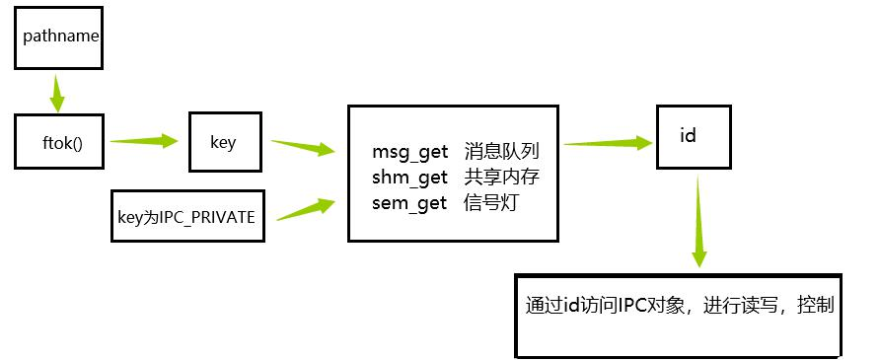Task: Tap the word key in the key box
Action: [x=223, y=142]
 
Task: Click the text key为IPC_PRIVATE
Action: [x=186, y=214]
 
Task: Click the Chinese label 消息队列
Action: [x=500, y=153]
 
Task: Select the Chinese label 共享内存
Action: [x=500, y=178]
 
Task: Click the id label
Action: [x=689, y=135]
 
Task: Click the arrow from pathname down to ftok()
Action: [x=57, y=97]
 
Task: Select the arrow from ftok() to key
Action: [x=144, y=141]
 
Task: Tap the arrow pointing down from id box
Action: [x=698, y=222]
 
